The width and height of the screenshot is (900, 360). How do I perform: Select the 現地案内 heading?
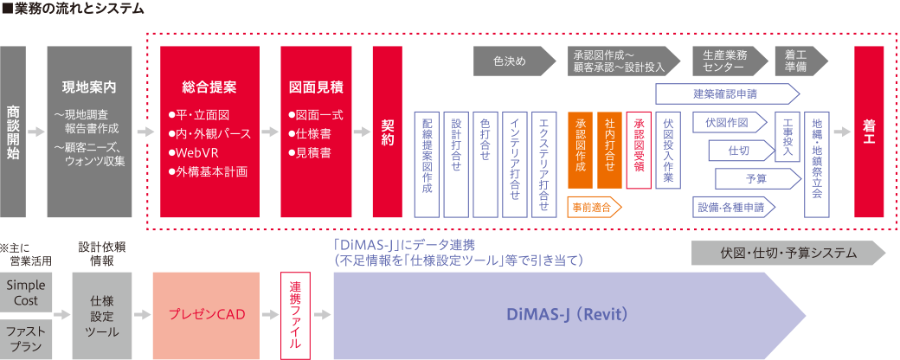(89, 87)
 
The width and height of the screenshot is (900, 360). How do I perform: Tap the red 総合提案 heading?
(209, 87)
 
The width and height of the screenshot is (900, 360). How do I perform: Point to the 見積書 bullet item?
(312, 152)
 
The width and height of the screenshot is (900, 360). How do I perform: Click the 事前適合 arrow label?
(595, 207)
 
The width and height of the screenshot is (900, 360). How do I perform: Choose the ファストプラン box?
(26, 337)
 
